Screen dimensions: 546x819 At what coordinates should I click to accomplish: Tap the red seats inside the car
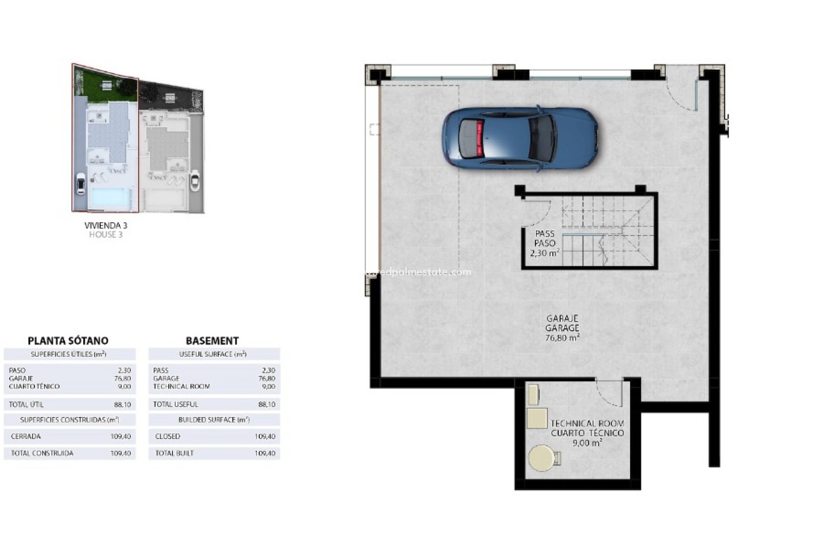point(480,139)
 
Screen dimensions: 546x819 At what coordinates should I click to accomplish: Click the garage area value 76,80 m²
point(562,338)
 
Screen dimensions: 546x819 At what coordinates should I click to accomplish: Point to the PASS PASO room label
point(545,238)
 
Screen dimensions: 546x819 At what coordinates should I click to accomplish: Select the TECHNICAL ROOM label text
point(587,424)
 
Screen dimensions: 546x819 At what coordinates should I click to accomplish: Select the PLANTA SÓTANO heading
point(68,340)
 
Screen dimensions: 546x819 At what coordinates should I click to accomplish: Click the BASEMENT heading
point(212,340)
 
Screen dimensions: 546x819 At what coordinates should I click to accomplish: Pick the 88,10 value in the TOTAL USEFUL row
point(267,404)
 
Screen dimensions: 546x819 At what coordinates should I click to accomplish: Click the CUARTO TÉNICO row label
point(34,386)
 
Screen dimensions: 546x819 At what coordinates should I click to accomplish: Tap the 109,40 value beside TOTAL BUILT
point(264,453)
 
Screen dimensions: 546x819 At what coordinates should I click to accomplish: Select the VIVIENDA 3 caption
point(106,225)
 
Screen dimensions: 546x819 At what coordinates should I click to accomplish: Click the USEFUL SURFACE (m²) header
point(213,354)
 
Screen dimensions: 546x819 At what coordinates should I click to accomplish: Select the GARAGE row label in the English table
point(166,378)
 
